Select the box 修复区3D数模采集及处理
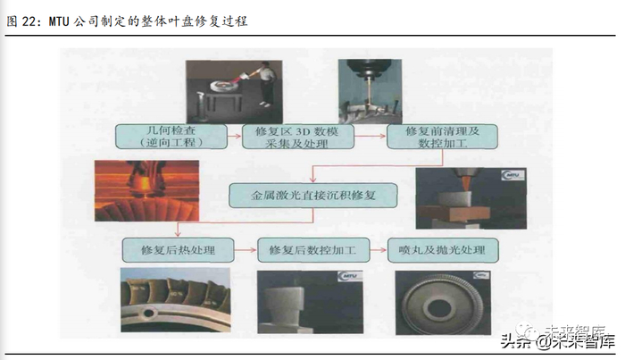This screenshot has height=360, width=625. (299, 137)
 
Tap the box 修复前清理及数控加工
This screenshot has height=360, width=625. (442, 137)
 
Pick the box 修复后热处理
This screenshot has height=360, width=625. (176, 249)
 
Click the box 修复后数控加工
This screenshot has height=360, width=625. (312, 249)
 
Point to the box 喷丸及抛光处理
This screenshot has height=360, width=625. (444, 249)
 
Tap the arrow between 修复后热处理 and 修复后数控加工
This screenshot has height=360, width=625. (244, 249)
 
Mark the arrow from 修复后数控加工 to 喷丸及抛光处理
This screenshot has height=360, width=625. (375, 249)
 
